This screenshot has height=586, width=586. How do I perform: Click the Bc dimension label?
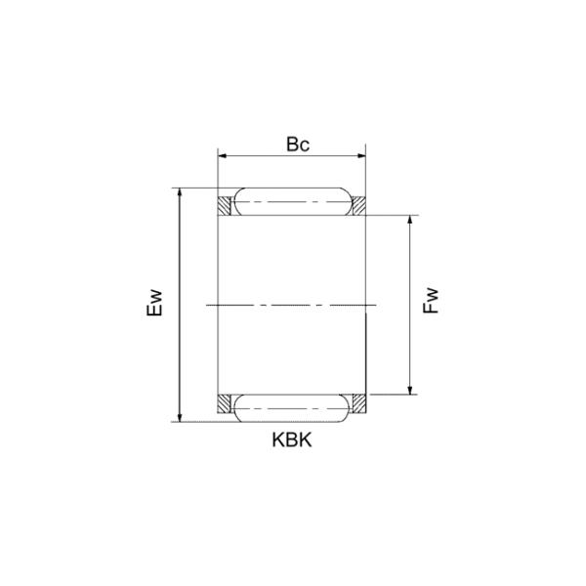(x=298, y=144)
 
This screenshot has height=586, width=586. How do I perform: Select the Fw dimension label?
(x=432, y=301)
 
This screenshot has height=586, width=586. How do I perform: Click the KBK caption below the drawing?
(x=291, y=439)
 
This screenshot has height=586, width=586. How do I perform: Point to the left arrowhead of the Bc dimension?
(x=223, y=155)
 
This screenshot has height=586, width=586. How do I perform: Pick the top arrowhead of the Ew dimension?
(x=179, y=192)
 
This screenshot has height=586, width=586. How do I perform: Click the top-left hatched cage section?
(x=225, y=206)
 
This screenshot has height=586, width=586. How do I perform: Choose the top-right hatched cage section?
(x=357, y=206)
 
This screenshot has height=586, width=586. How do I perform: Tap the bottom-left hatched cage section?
(x=225, y=402)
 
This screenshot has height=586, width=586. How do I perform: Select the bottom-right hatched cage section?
(x=357, y=402)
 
